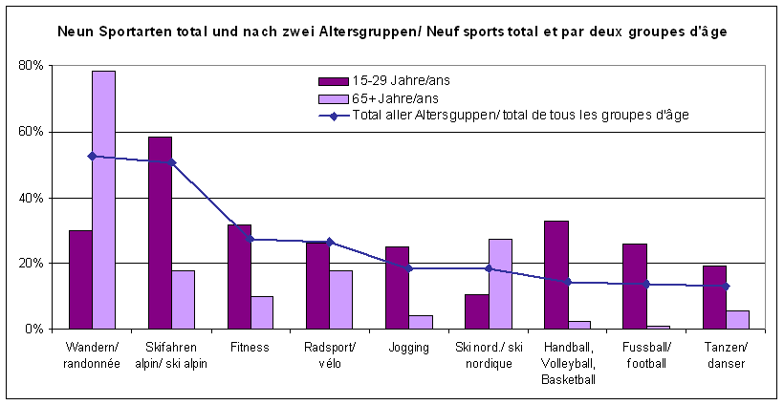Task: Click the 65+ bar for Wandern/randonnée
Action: click(103, 200)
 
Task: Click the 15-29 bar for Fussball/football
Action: click(634, 286)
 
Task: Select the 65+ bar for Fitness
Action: click(262, 312)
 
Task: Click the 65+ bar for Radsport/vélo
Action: click(341, 299)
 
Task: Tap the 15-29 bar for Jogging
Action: click(397, 288)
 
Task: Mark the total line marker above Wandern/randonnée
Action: click(92, 156)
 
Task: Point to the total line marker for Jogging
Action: click(408, 268)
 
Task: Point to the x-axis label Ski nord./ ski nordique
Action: click(488, 353)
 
